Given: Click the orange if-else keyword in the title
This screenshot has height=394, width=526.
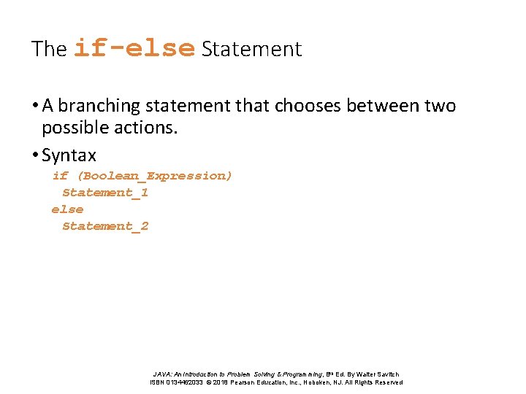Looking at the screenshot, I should tap(134, 48).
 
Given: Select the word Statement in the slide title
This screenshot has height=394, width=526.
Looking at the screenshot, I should tap(251, 50).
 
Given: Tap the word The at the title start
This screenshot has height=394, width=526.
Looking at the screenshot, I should tap(49, 50).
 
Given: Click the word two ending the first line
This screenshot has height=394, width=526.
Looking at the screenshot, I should tap(440, 107).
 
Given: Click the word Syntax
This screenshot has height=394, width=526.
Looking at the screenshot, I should tap(69, 155).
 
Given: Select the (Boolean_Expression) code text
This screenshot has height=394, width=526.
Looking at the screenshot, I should tap(154, 176).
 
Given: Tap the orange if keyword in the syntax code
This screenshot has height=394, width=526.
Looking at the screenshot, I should tap(59, 176).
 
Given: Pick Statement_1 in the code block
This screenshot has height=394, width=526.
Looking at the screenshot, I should tap(104, 193).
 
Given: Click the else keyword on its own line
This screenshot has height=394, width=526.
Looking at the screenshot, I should tap(67, 209).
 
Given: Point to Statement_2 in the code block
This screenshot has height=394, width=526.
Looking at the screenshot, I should tap(104, 226).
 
